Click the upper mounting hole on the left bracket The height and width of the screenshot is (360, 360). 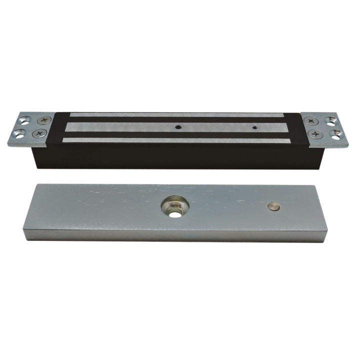pyautogui.click(x=24, y=120)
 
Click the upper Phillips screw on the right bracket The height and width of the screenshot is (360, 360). pyautogui.click(x=311, y=120)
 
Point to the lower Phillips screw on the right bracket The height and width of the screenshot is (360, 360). pyautogui.click(x=315, y=133)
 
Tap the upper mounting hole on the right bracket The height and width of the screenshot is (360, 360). pyautogui.click(x=330, y=120)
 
